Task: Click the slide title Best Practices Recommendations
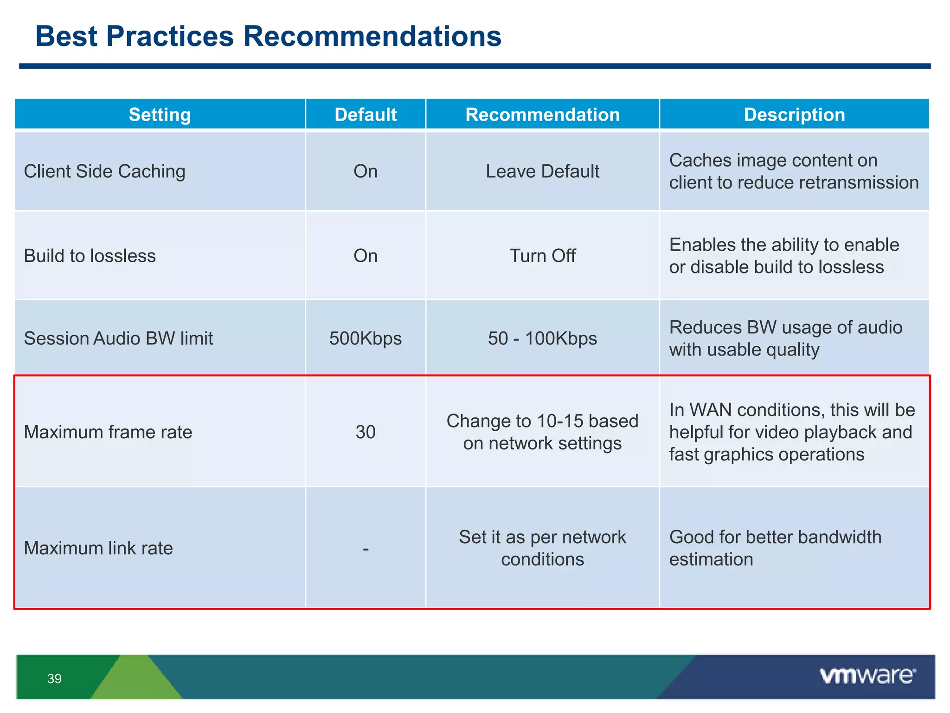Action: [268, 36]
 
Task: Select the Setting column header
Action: [160, 115]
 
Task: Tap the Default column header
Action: [366, 115]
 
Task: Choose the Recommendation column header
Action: [542, 115]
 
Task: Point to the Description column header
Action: [794, 115]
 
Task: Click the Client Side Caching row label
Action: [104, 171]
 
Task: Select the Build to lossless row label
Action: [90, 256]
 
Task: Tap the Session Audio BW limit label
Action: [118, 338]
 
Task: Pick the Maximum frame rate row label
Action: [108, 432]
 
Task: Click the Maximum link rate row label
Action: [98, 548]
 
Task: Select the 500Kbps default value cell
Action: [366, 338]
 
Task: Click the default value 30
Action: [366, 432]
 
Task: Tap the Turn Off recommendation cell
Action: [542, 256]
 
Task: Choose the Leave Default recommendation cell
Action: [542, 171]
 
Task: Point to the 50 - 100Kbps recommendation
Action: [542, 338]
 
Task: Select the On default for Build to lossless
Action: [366, 256]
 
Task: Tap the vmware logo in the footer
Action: [867, 676]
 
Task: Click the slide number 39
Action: [54, 679]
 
